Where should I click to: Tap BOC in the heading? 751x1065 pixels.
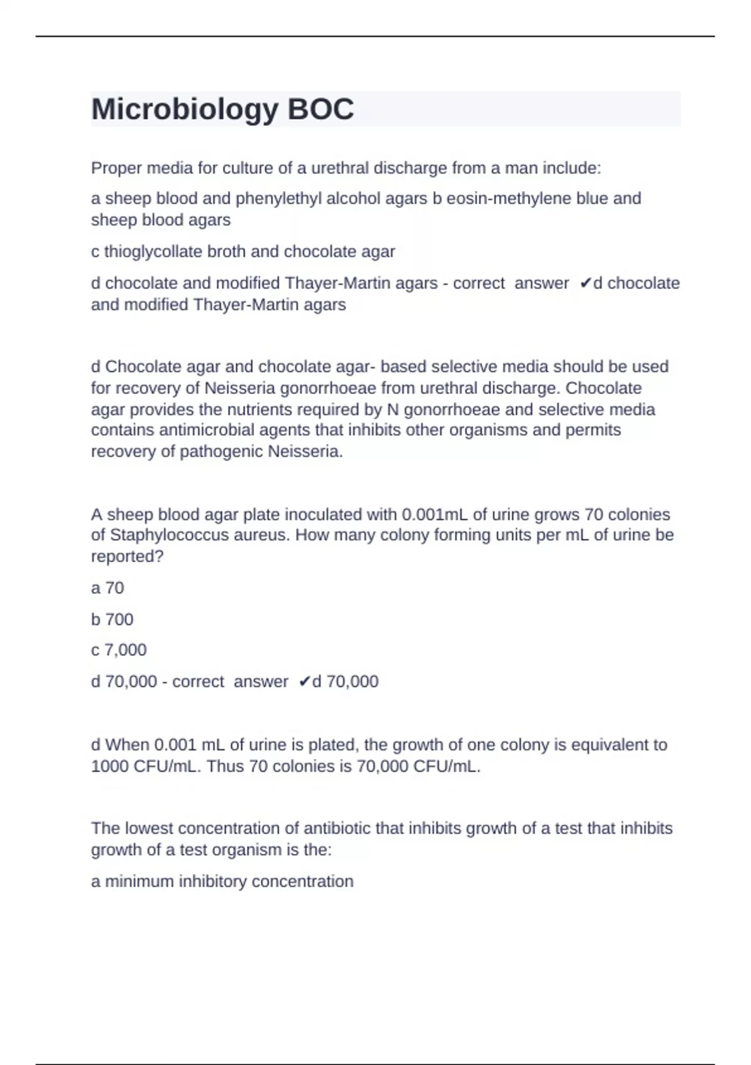tap(320, 110)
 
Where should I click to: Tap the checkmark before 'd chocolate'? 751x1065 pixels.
tap(585, 284)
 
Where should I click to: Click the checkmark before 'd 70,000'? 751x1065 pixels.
tap(304, 682)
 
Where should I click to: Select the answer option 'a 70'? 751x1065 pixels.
tap(108, 588)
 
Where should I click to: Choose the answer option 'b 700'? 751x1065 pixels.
tap(112, 620)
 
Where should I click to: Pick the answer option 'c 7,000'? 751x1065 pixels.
tap(119, 650)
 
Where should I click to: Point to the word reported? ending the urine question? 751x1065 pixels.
tap(127, 557)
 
